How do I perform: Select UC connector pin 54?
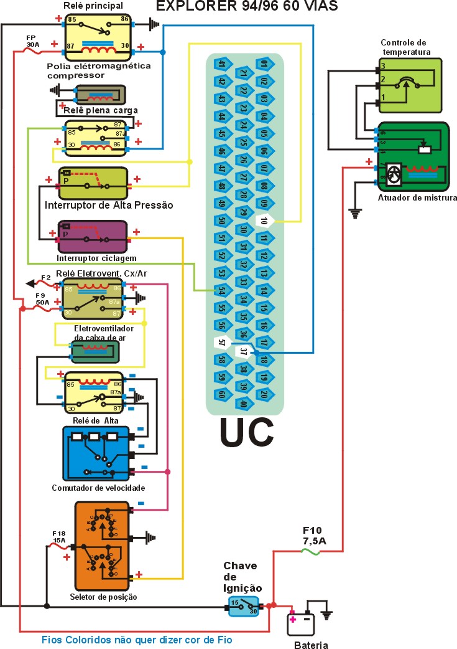click(221, 290)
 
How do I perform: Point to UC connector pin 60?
click(221, 394)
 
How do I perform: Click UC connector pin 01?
click(264, 64)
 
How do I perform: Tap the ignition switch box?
click(243, 606)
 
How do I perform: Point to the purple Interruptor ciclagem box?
click(92, 237)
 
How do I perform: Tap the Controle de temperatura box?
click(410, 85)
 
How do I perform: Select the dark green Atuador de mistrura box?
click(412, 158)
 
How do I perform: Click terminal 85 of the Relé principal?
click(72, 21)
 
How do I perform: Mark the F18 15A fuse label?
click(59, 537)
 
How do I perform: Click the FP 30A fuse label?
click(32, 41)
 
